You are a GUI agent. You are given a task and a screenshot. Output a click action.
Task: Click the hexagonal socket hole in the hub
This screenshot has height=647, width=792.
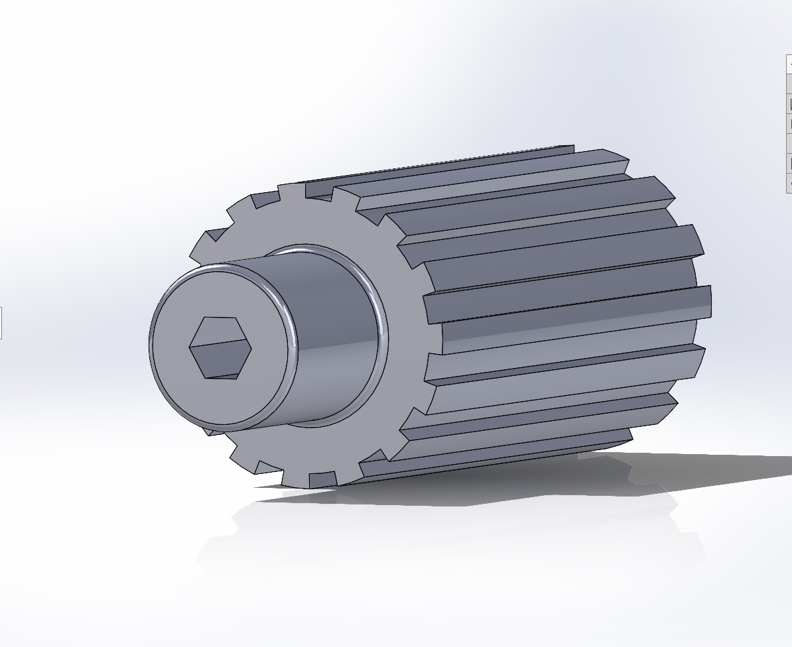tap(220, 348)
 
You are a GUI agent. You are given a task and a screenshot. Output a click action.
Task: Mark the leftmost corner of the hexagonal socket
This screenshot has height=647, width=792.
tap(190, 347)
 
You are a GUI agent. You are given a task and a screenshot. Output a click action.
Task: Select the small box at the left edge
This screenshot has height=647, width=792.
tap(1, 323)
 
